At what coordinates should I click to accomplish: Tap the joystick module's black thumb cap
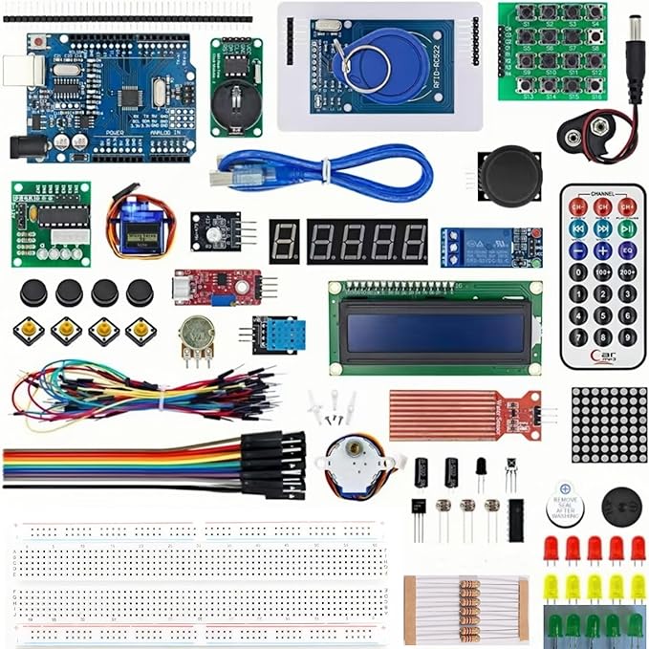(510, 172)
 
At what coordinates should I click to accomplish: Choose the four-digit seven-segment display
(367, 242)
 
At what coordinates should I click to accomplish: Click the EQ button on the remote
(627, 250)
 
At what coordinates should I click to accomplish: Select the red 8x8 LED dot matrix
(609, 424)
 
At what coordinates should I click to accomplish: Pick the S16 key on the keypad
(596, 85)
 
